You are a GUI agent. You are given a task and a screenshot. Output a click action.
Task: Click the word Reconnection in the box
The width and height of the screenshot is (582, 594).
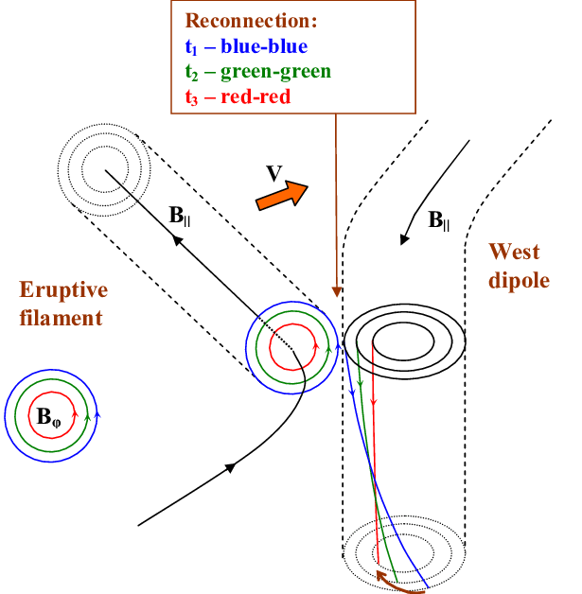(251, 21)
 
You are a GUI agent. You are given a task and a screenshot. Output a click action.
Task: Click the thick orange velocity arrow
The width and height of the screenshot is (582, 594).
(282, 195)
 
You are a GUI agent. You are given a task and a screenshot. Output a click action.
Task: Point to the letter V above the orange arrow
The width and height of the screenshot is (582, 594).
(273, 172)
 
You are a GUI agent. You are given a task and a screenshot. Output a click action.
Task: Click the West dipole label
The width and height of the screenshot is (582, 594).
(518, 266)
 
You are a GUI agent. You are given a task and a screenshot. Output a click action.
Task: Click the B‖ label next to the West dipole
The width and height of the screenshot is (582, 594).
(439, 221)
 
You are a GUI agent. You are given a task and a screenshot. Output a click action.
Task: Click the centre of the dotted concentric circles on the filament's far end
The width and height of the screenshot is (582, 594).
(103, 171)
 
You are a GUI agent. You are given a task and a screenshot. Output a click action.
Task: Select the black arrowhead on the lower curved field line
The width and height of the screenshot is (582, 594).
(230, 467)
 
